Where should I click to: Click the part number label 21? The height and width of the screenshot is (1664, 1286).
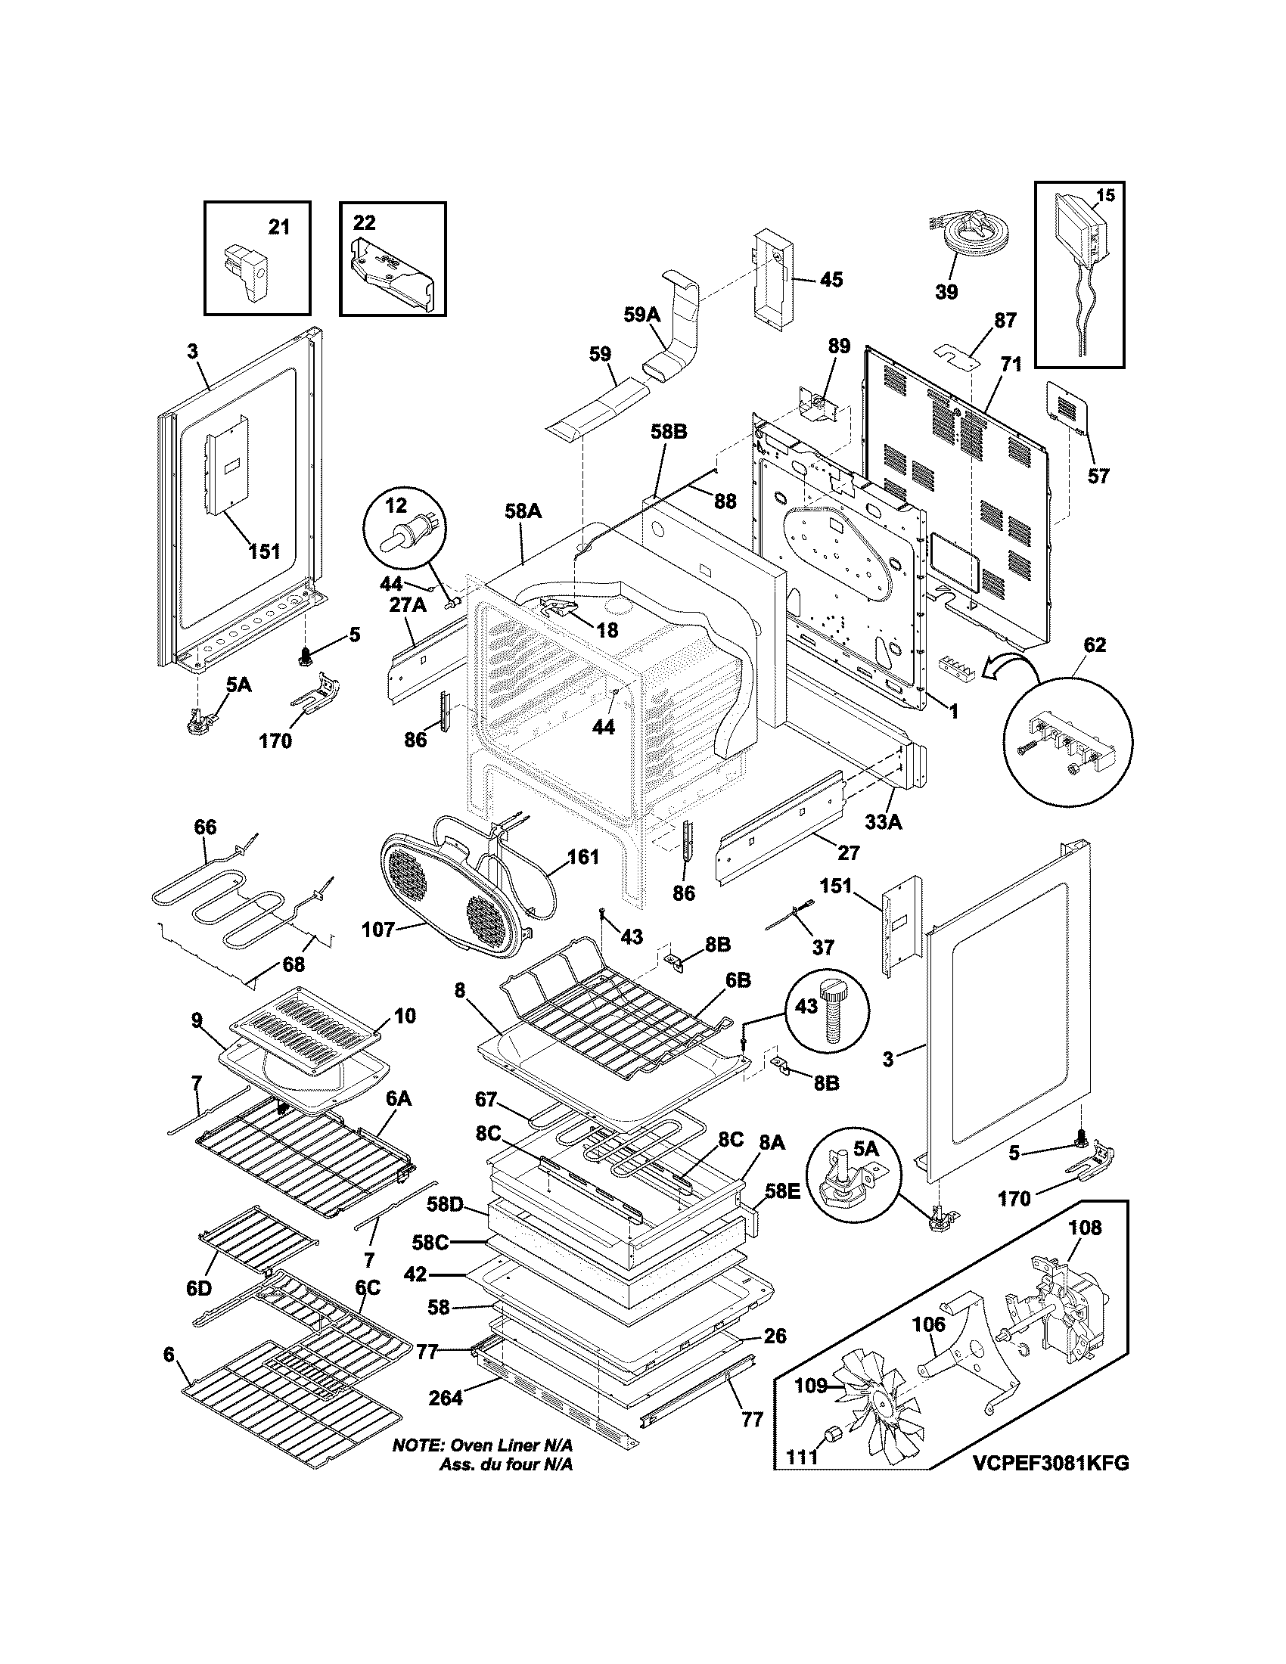(279, 226)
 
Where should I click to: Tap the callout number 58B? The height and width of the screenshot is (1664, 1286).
(668, 432)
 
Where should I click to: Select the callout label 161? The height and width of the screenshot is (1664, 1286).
(582, 857)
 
